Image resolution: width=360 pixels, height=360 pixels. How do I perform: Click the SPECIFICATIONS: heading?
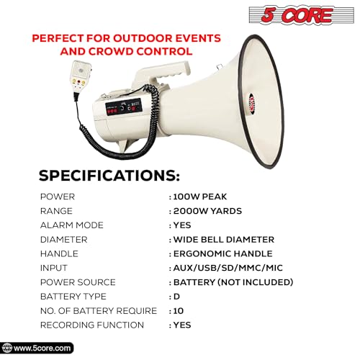[x=109, y=175]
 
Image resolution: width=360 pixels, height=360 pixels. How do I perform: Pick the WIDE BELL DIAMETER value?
[x=223, y=239]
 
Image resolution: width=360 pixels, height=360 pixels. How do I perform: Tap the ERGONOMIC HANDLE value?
[x=222, y=253]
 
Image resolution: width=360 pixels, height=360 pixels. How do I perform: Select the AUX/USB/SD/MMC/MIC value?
[x=226, y=268]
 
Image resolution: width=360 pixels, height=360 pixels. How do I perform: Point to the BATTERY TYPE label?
[x=73, y=297]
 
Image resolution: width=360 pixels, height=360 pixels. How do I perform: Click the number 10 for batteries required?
[x=178, y=311]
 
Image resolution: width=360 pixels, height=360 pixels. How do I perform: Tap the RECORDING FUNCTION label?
[x=91, y=325]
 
